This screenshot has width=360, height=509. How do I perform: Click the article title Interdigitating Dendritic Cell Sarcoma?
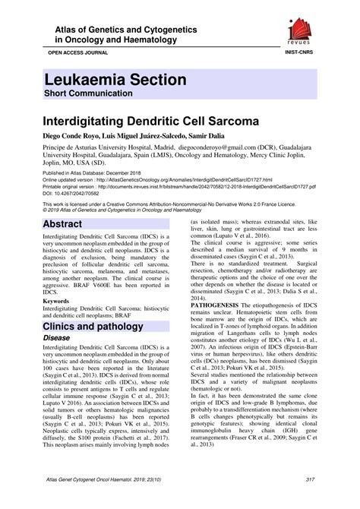click(144, 121)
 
